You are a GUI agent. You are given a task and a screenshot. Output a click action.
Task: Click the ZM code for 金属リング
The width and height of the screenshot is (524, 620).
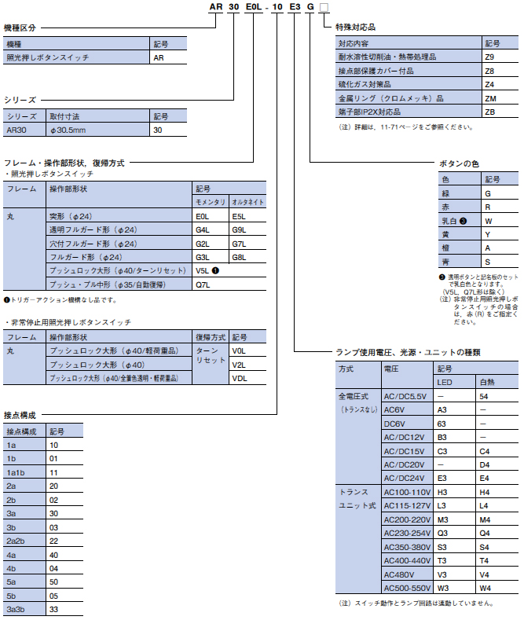(x=490, y=98)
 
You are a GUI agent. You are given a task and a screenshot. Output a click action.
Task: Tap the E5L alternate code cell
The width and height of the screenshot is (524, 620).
(x=240, y=215)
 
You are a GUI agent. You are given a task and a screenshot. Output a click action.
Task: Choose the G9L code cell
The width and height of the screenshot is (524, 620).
(x=240, y=229)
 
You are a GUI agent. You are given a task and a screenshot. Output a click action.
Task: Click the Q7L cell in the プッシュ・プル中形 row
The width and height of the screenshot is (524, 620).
(x=202, y=284)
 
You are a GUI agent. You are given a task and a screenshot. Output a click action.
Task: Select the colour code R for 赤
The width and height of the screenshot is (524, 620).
(x=488, y=207)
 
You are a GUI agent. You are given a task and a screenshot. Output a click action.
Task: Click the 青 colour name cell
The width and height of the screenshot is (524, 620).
(x=446, y=261)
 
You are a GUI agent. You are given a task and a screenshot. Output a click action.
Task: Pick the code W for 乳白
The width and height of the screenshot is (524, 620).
(x=488, y=221)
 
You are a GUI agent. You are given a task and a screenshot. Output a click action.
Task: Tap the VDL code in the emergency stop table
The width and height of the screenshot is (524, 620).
(x=240, y=378)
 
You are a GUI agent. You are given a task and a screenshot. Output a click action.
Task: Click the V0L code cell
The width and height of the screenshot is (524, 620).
(x=240, y=351)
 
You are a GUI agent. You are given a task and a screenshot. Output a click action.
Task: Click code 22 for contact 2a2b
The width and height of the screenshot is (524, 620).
(x=53, y=541)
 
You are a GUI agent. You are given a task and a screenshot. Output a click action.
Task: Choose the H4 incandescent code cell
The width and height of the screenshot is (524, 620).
(x=485, y=491)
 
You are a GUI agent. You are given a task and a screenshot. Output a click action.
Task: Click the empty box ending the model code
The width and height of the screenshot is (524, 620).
(x=324, y=9)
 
